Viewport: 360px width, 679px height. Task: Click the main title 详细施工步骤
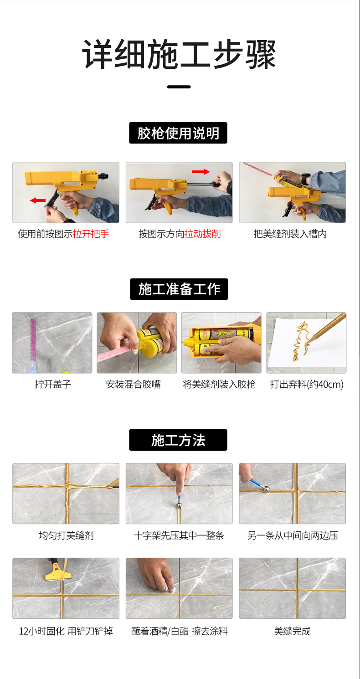tap(179, 54)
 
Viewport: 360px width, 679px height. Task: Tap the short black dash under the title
tap(179, 87)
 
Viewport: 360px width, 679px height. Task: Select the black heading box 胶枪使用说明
tap(178, 133)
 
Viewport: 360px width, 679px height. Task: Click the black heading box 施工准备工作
tap(179, 289)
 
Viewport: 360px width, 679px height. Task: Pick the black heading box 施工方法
tap(178, 440)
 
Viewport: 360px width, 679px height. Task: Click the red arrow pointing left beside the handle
tap(37, 200)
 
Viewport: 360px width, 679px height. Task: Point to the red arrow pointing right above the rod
tap(201, 171)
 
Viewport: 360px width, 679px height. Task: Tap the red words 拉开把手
tap(91, 234)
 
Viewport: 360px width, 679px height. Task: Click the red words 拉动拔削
tap(203, 234)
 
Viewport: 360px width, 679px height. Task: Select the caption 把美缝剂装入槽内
tap(290, 234)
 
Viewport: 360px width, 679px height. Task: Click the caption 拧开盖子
tap(53, 384)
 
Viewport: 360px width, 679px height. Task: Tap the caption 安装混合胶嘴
tap(134, 384)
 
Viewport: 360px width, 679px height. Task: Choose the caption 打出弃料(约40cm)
tap(307, 384)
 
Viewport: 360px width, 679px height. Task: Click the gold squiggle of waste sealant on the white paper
tap(301, 342)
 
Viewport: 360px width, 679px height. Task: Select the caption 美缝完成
tap(292, 631)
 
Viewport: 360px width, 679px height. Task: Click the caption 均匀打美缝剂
tap(66, 535)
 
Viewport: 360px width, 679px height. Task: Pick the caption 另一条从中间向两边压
tap(293, 535)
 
